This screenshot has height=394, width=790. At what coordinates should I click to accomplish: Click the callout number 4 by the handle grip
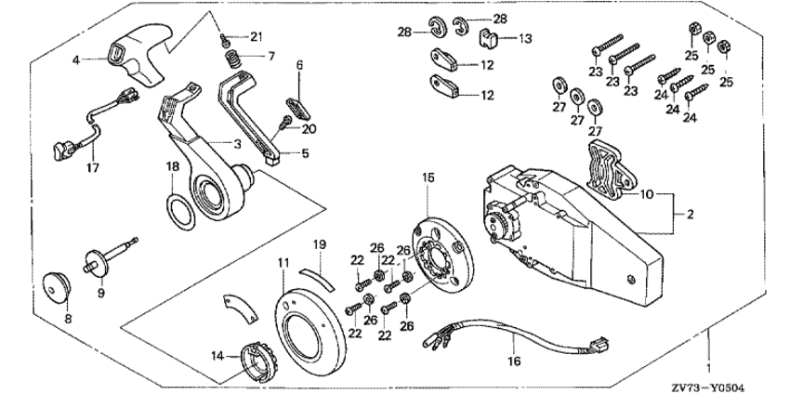click(77, 59)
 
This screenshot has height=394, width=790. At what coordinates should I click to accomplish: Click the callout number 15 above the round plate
click(427, 202)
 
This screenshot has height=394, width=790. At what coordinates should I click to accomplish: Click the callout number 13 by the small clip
click(525, 39)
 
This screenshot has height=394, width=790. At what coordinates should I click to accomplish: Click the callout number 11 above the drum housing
click(283, 265)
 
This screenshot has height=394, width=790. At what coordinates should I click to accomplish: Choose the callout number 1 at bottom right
click(711, 354)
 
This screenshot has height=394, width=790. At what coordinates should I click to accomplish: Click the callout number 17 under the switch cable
click(91, 168)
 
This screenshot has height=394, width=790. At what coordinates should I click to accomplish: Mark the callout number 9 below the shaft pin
click(102, 292)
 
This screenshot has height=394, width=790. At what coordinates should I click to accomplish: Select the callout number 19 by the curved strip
click(319, 243)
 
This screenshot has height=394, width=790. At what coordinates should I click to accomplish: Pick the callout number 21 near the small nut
click(257, 35)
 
